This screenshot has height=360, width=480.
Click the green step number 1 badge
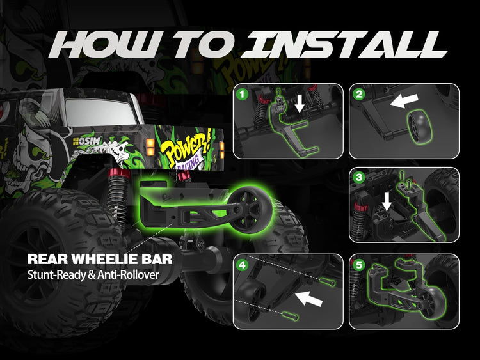243,94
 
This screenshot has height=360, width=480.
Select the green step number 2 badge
359,94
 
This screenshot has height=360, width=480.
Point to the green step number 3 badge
359,177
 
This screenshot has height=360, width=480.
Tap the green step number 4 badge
243,264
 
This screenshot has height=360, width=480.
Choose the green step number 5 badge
359,264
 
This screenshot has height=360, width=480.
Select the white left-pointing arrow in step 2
404,100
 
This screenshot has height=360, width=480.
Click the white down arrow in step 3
387,201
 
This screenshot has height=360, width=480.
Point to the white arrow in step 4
309,298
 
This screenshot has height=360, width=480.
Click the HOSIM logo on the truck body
87,141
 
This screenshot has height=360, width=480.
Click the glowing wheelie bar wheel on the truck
250,210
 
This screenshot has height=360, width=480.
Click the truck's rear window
101,113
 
